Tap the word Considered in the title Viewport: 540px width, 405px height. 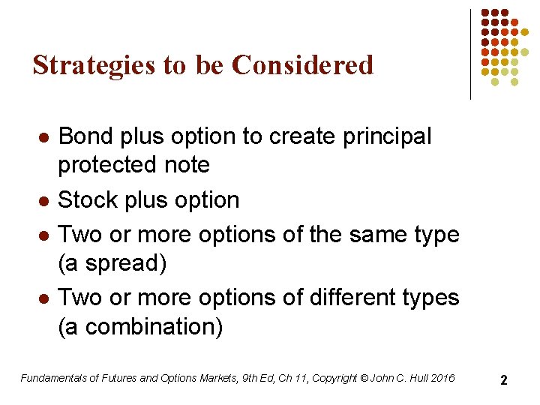tap(303, 65)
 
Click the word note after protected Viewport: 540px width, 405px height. tap(187, 165)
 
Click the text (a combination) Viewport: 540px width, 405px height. tap(140, 327)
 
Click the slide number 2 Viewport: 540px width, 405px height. tap(504, 380)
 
